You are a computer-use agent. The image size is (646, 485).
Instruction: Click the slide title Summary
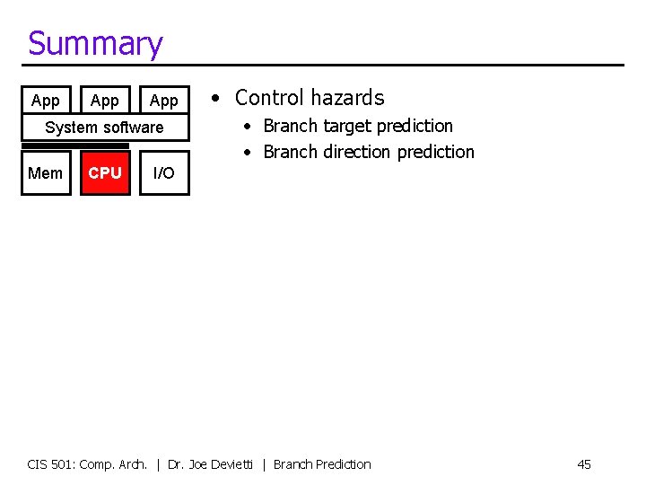tap(95, 43)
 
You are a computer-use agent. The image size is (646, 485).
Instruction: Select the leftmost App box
tap(46, 101)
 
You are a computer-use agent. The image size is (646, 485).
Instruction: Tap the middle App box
tap(105, 101)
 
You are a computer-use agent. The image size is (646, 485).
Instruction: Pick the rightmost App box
tap(164, 101)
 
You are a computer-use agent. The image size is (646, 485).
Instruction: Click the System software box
tap(105, 128)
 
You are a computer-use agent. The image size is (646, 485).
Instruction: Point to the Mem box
tap(46, 172)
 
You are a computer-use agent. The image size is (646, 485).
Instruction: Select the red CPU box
tap(105, 172)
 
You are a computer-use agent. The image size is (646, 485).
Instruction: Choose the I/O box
tap(164, 172)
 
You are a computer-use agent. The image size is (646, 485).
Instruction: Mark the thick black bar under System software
tap(75, 145)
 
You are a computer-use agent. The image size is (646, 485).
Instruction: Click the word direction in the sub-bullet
tap(357, 152)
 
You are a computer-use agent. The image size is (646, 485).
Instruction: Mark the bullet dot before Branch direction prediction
tap(249, 152)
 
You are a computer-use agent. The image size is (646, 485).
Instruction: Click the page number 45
tap(584, 464)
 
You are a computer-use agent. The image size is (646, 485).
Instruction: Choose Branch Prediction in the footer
tap(322, 464)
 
